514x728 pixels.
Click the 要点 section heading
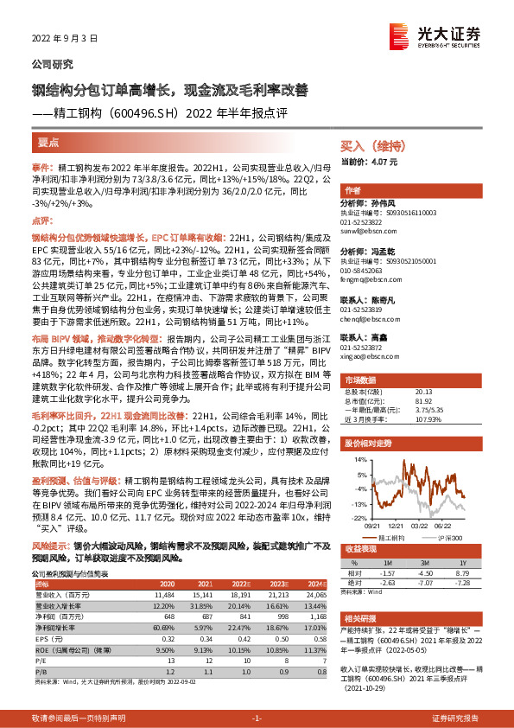click(48, 142)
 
